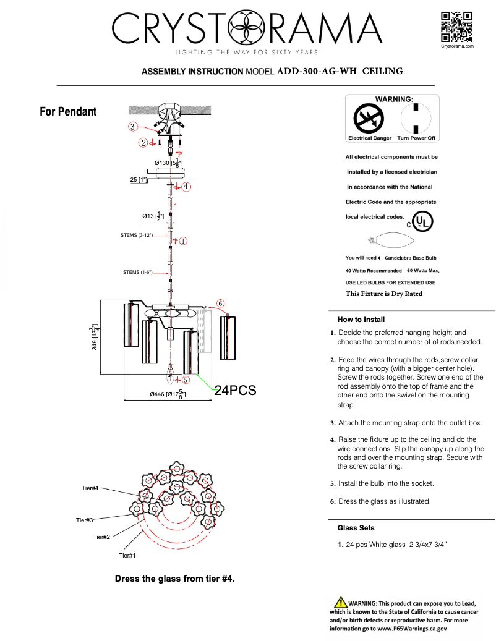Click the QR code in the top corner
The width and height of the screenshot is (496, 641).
click(456, 27)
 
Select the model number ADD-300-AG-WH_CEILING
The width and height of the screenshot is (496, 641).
click(340, 71)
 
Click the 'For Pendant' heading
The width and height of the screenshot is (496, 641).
click(68, 112)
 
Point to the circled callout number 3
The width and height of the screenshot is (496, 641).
click(133, 127)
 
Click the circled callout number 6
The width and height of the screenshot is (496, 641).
click(221, 304)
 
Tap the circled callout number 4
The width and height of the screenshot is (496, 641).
click(186, 185)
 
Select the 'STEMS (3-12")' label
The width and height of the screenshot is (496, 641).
click(137, 236)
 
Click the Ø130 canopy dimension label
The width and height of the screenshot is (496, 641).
click(168, 163)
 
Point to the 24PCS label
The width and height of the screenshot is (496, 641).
click(235, 390)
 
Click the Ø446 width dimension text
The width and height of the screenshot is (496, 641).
click(169, 394)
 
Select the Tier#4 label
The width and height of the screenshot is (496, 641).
click(90, 488)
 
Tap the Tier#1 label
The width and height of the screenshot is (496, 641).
click(127, 556)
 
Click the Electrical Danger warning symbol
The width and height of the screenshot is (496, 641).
click(369, 118)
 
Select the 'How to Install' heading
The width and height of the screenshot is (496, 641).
click(361, 320)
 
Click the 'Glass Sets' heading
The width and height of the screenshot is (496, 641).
click(356, 528)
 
